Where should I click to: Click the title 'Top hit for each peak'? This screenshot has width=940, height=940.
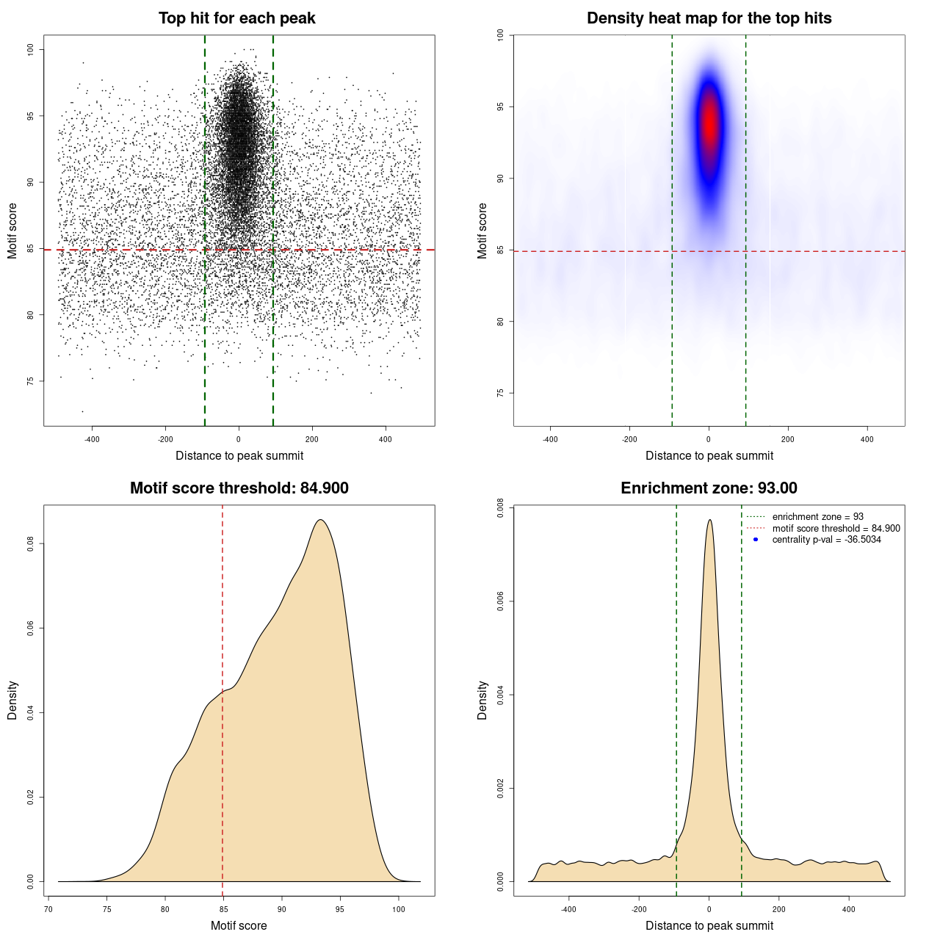click(237, 18)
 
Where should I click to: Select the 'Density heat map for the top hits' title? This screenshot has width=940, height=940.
click(709, 18)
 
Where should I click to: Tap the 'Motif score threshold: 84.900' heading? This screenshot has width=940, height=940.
click(239, 488)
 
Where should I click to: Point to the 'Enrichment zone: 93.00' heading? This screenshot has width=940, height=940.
click(709, 488)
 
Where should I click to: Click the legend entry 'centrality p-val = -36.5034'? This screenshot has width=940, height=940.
click(826, 540)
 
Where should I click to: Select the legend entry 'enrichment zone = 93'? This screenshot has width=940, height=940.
click(817, 517)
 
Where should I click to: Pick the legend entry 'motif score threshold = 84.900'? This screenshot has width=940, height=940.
click(836, 529)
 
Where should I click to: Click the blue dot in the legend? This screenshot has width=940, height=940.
click(756, 540)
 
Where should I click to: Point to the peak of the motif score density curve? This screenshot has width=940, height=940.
click(320, 520)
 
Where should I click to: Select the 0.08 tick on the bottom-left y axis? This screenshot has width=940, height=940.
click(31, 543)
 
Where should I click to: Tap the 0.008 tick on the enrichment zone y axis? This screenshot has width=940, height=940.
click(501, 508)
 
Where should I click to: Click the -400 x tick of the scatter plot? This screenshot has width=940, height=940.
click(92, 439)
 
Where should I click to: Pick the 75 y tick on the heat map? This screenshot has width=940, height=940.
click(501, 393)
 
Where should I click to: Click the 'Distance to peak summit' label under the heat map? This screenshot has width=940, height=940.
click(709, 455)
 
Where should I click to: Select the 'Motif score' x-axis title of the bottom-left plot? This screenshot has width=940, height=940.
click(239, 925)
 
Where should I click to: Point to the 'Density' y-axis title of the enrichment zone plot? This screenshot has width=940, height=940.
click(482, 700)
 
